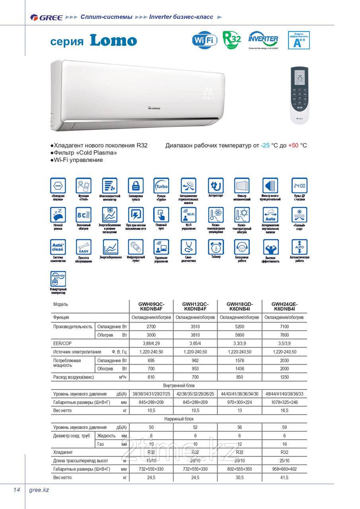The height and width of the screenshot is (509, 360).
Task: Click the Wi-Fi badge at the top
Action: point(204,40)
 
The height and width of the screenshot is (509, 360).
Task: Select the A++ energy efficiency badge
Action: point(298,40)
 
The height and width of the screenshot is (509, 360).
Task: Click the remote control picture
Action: point(299,93)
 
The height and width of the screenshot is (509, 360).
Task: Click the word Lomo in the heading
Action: point(113,41)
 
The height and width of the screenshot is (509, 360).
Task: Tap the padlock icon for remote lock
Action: point(136,186)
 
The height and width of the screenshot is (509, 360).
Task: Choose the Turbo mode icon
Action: point(162,186)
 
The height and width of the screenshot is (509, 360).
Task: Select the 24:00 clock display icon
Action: point(299,186)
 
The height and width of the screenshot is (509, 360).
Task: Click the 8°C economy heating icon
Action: point(84,215)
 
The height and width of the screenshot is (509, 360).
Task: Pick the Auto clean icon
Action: point(58,247)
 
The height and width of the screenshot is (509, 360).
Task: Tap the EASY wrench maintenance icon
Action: point(84,247)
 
